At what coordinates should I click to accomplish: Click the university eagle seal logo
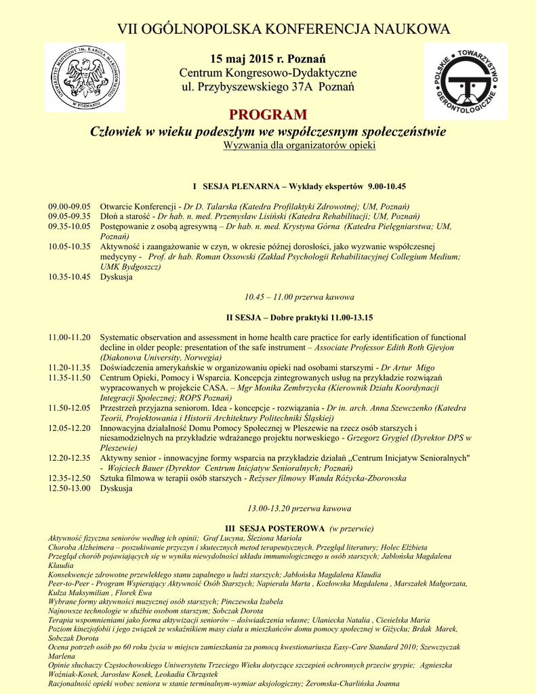click(85, 77)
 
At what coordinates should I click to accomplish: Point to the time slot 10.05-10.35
click(68, 247)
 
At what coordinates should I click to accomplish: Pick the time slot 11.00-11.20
click(68, 338)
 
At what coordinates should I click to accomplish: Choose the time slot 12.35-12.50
click(68, 478)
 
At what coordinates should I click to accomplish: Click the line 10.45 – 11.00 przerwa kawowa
click(299, 297)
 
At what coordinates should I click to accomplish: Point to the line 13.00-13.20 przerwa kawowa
click(300, 508)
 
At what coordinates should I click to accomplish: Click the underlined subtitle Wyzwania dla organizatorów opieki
click(299, 146)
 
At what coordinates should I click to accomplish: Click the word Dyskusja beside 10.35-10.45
click(117, 277)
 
